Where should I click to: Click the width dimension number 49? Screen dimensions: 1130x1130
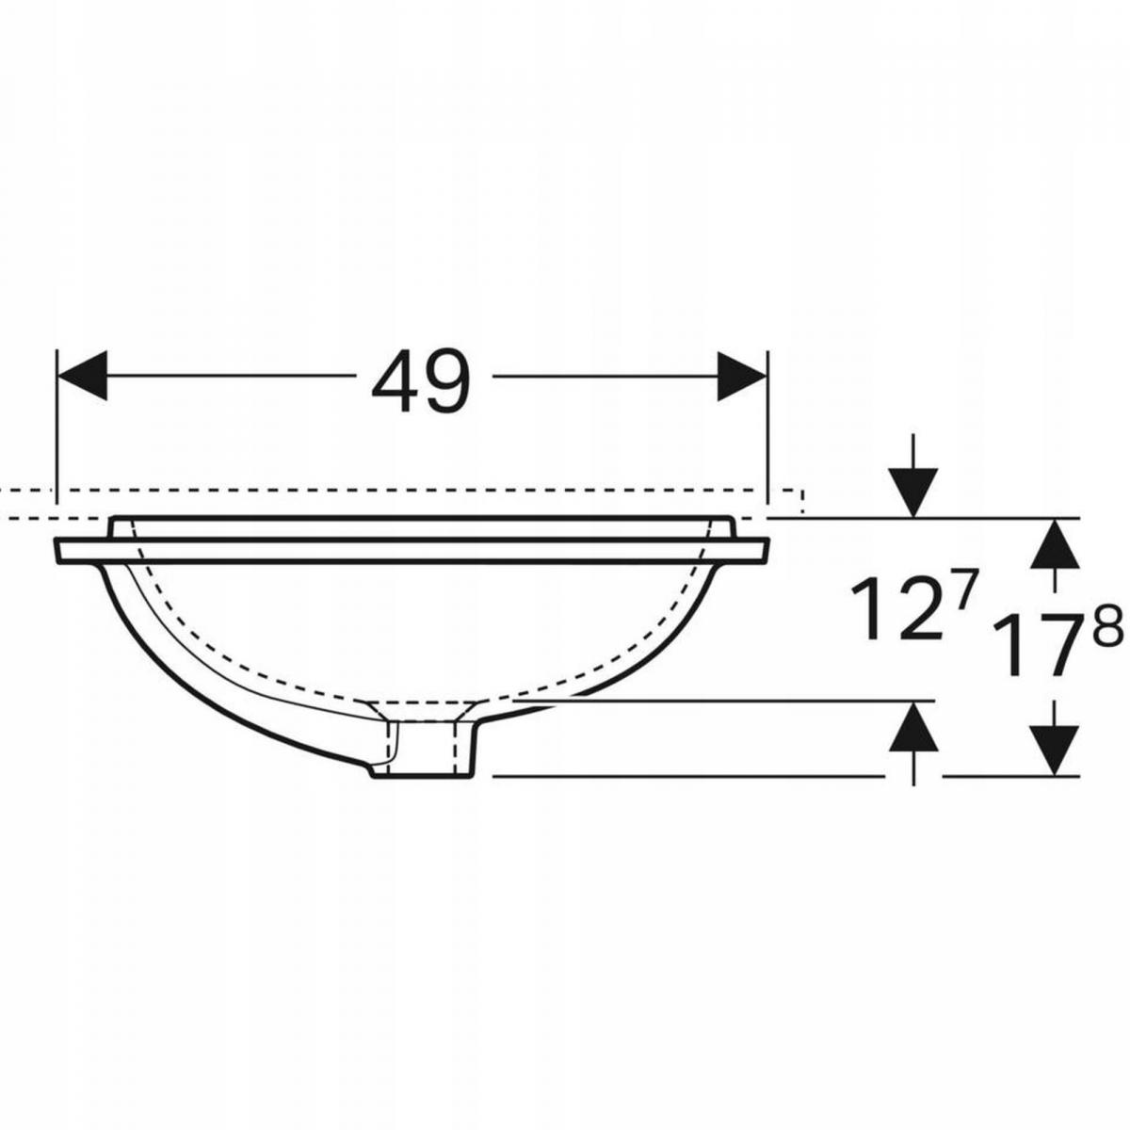pyautogui.click(x=421, y=381)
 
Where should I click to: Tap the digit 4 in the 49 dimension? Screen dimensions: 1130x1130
pyautogui.click(x=395, y=381)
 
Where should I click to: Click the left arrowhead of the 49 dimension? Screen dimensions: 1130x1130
pyautogui.click(x=82, y=376)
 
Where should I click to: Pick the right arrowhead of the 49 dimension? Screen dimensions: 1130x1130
pyautogui.click(x=742, y=376)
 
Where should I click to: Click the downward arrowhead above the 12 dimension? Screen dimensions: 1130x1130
pyautogui.click(x=913, y=492)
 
